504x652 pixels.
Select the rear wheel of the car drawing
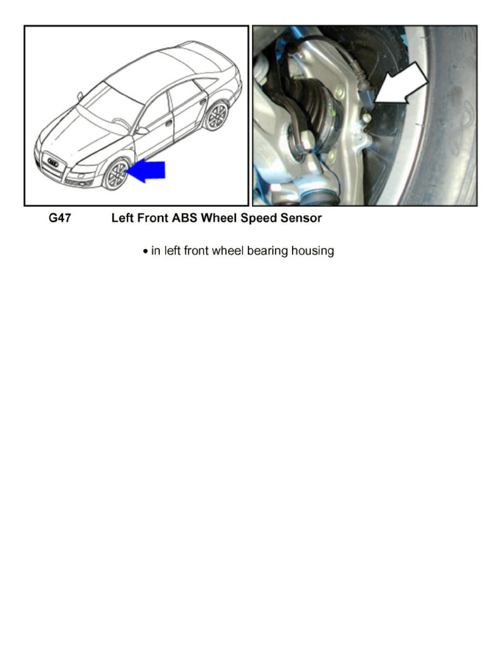point(216,116)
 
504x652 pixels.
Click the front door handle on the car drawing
point(169,124)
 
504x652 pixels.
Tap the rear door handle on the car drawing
point(203,102)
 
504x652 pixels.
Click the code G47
point(60,218)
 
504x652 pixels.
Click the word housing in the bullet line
point(313,251)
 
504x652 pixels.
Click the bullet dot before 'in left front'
point(144,252)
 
